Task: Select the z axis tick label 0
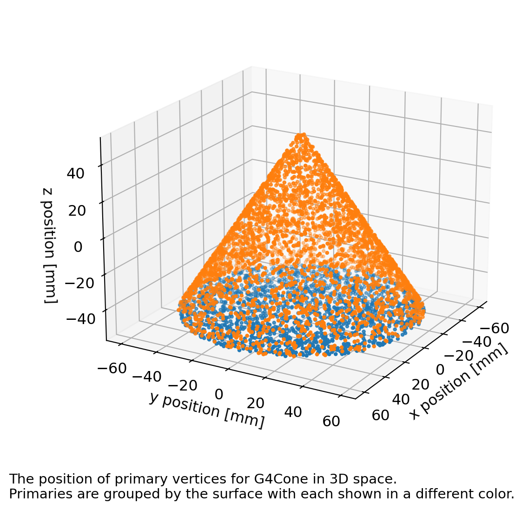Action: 78,247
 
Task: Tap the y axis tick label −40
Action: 147,377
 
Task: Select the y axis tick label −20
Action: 183,385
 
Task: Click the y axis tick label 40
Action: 292,412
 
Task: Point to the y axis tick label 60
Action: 331,422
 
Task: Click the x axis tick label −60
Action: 494,329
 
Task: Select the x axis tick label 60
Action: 381,415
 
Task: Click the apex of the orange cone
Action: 302,135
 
